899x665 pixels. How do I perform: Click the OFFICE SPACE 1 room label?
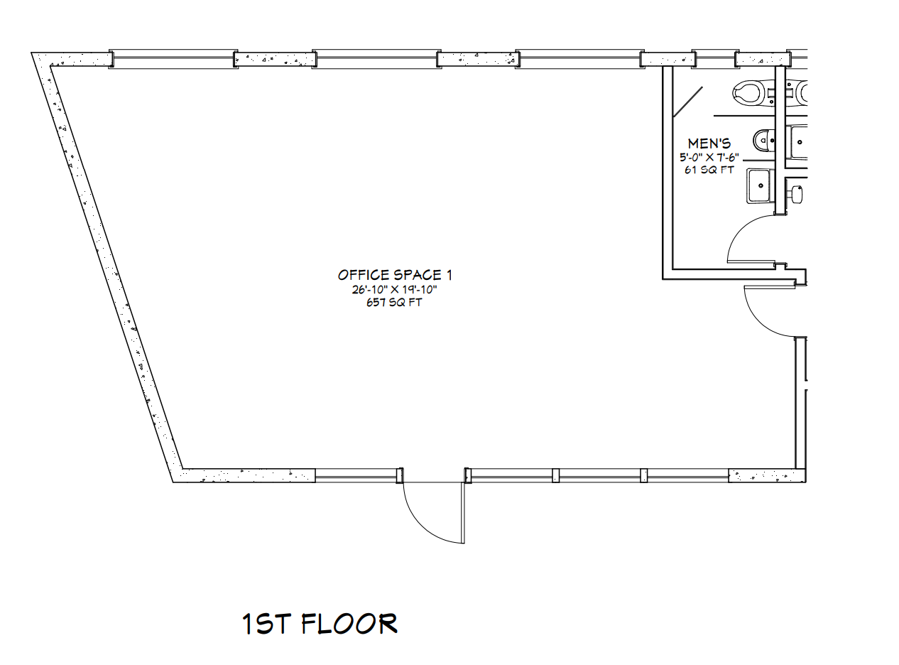pyautogui.click(x=394, y=276)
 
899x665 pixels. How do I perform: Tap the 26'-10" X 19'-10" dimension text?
pyautogui.click(x=394, y=290)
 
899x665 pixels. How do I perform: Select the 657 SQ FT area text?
pyautogui.click(x=394, y=303)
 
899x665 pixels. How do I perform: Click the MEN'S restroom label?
pyautogui.click(x=709, y=144)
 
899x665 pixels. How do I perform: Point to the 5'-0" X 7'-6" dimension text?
pyautogui.click(x=709, y=157)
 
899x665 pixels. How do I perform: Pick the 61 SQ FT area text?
pyautogui.click(x=709, y=170)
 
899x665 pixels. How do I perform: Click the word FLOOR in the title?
pyautogui.click(x=349, y=624)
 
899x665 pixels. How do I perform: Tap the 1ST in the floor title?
pyautogui.click(x=266, y=624)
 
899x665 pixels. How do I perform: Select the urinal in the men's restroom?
pyautogui.click(x=764, y=140)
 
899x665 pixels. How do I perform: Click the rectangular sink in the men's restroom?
pyautogui.click(x=761, y=185)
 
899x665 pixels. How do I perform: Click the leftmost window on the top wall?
pyautogui.click(x=173, y=59)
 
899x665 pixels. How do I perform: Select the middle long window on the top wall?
pyautogui.click(x=376, y=59)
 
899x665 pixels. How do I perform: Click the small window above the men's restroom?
pyautogui.click(x=715, y=59)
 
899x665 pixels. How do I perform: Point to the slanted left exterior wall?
pyautogui.click(x=107, y=268)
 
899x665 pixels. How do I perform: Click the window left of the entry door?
pyautogui.click(x=356, y=475)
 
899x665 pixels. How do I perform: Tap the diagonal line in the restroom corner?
pyautogui.click(x=688, y=102)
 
